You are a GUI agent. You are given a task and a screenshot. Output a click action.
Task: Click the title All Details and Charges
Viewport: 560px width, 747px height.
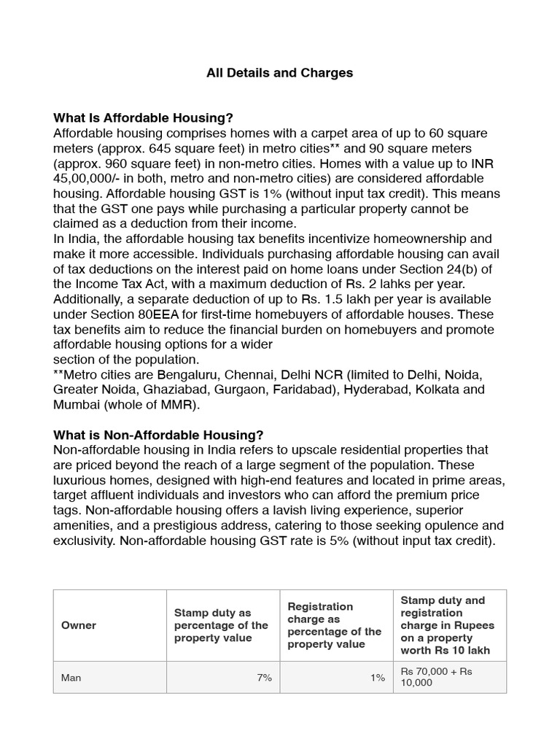pos(279,72)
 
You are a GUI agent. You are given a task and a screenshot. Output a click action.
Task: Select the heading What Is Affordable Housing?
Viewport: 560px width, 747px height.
pos(143,118)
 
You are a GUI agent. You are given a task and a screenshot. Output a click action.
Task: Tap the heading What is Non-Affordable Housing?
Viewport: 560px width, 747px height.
pos(158,435)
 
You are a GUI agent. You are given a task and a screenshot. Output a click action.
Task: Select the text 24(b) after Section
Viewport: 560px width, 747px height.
pos(474,269)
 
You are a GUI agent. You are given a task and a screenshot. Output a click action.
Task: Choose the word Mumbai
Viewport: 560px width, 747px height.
pos(77,405)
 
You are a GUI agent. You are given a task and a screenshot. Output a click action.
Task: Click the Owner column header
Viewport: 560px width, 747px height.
pos(79,626)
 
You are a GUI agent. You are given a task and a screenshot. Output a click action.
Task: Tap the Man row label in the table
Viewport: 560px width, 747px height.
pos(71,678)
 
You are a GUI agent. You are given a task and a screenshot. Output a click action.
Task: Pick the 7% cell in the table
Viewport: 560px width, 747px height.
pos(264,678)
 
